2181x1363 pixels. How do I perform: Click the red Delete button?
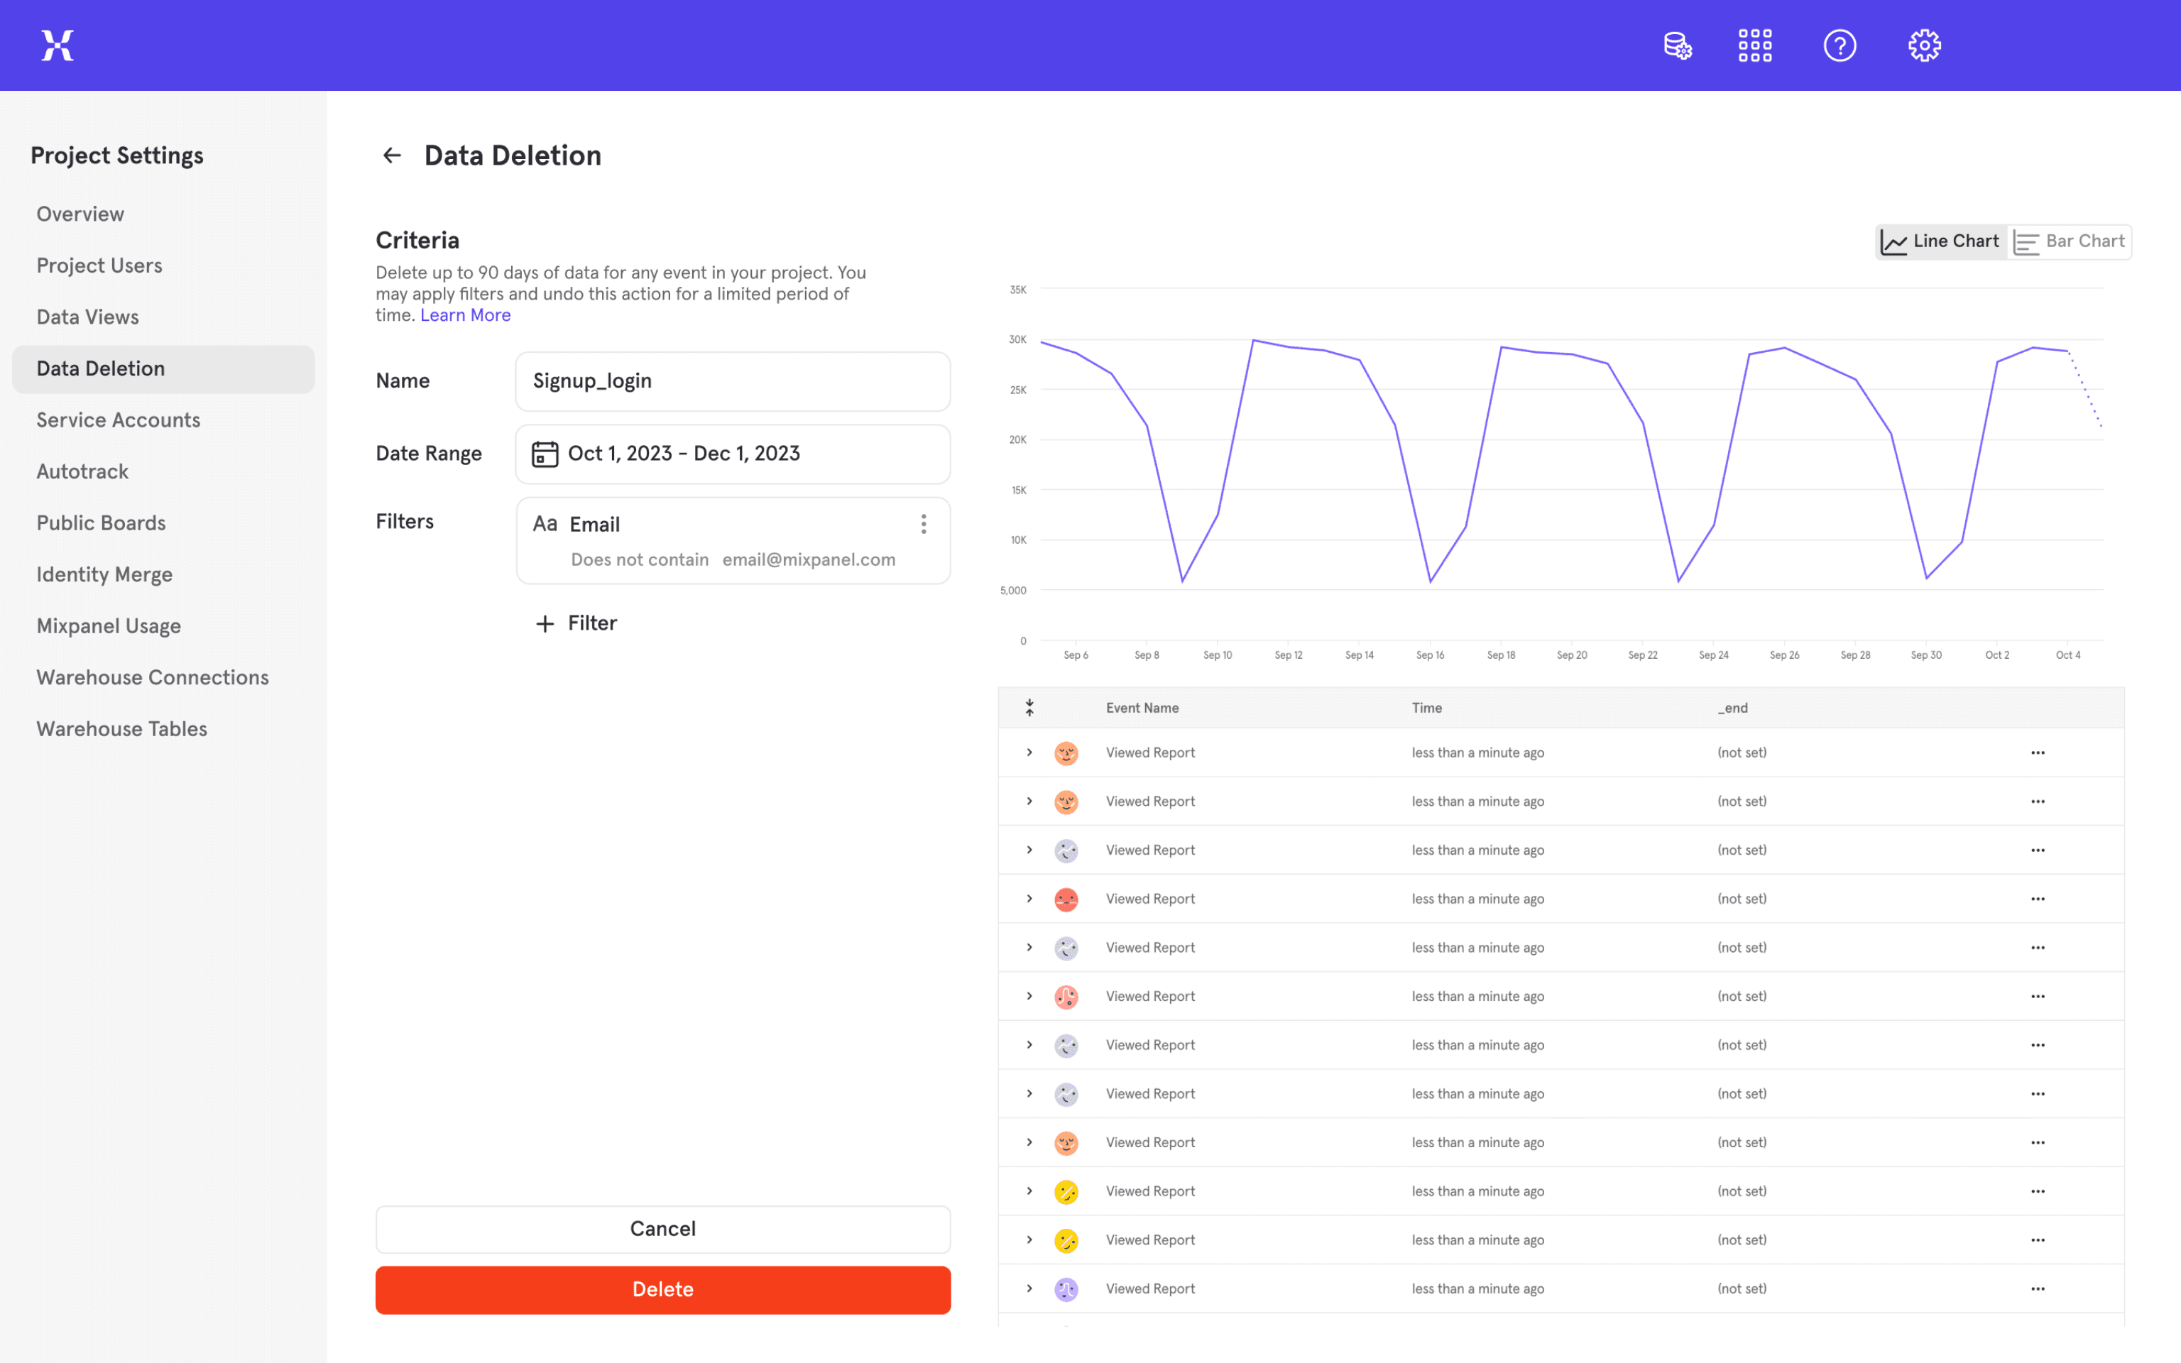point(662,1289)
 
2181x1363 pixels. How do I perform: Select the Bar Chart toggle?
point(2070,241)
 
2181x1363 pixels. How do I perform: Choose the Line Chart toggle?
point(1940,241)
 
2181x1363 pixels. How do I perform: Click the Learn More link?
point(465,314)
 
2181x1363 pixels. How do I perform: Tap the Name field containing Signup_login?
point(732,381)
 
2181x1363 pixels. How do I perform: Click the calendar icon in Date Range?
point(545,454)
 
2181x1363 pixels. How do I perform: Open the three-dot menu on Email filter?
point(924,524)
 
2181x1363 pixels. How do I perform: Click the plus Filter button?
point(576,623)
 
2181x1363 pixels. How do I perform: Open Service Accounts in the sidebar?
point(118,420)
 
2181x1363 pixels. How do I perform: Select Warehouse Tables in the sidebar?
point(121,728)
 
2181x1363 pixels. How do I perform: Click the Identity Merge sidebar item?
point(104,574)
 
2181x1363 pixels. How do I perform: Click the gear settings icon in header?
point(1924,45)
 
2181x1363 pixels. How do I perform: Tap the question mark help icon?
point(1840,45)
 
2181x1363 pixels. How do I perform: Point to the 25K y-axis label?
point(1017,390)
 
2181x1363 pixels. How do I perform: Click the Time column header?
point(1426,708)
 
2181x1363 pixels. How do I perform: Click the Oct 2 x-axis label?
point(1997,655)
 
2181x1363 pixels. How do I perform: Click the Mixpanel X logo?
point(58,45)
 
